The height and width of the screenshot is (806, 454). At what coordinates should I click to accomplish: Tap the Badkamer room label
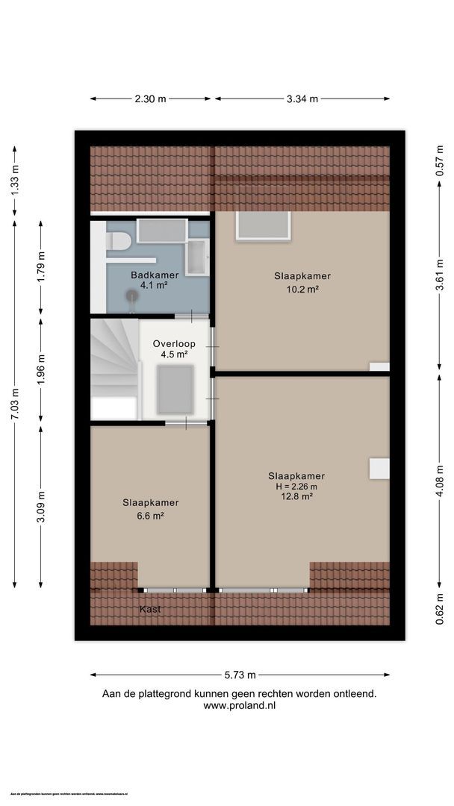149,275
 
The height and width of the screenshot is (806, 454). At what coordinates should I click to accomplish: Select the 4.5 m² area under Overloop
174,354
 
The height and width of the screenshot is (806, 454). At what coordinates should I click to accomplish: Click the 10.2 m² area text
302,289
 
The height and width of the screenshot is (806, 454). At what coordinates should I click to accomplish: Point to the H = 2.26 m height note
296,486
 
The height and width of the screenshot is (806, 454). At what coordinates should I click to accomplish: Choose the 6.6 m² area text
151,515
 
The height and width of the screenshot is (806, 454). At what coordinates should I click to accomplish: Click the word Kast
150,609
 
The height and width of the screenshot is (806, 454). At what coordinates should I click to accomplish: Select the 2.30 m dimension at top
150,99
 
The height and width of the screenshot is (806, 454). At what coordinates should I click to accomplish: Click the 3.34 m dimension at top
302,99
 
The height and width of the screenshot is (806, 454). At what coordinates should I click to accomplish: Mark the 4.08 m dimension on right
440,481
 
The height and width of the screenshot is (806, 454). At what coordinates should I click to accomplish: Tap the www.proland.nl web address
239,705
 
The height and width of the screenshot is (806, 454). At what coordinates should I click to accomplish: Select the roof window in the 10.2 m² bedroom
262,225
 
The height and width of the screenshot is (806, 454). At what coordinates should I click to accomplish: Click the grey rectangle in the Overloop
175,390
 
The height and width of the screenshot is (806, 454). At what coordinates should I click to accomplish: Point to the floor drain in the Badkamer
133,294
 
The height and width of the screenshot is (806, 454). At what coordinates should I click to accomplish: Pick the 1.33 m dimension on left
15,180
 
